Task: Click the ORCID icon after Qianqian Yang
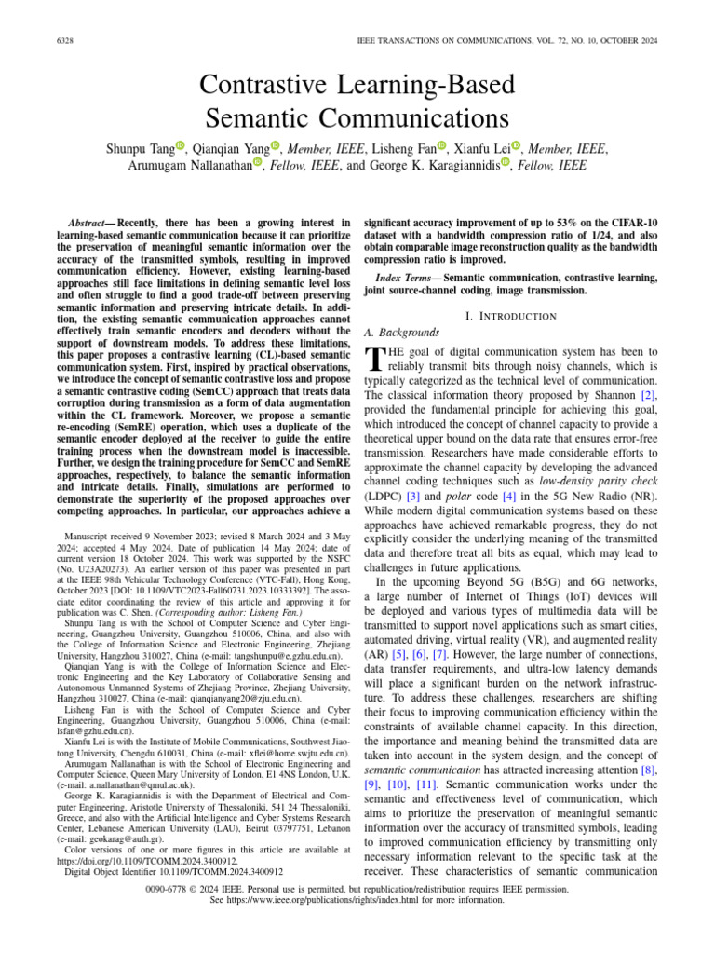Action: click(275, 144)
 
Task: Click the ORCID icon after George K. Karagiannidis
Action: click(506, 163)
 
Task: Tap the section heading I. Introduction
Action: click(511, 316)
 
